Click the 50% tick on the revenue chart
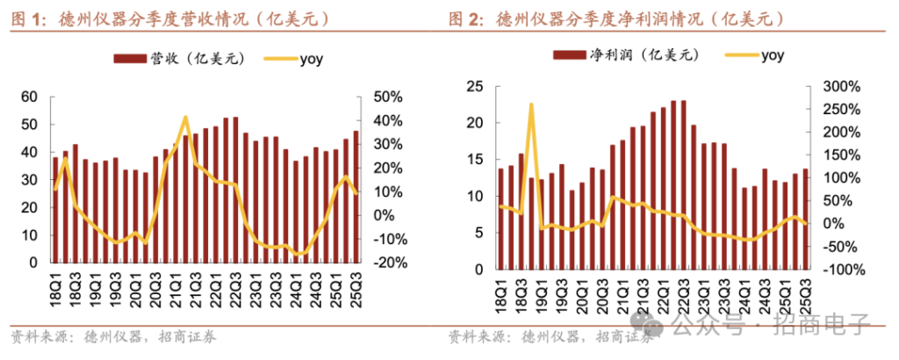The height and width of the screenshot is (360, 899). pyautogui.click(x=387, y=97)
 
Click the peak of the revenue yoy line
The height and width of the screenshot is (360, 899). pyautogui.click(x=185, y=117)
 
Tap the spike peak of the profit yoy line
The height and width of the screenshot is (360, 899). pyautogui.click(x=531, y=104)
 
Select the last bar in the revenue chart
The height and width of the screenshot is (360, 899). pyautogui.click(x=356, y=197)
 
